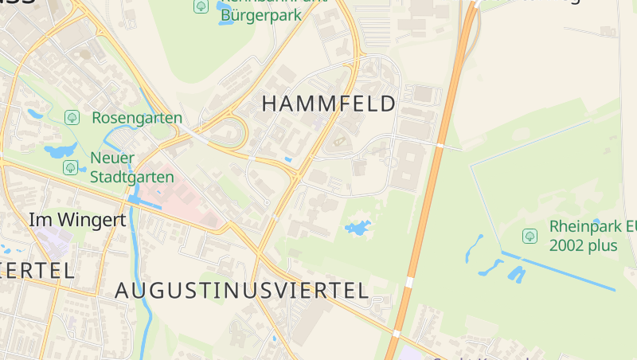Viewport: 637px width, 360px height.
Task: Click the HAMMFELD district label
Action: tap(328, 104)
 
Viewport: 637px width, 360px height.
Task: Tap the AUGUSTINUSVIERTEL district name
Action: tap(242, 291)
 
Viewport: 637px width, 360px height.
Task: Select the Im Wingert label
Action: tap(77, 220)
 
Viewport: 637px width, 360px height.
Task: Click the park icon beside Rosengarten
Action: tap(72, 118)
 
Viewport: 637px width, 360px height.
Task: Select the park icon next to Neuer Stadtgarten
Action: tap(71, 167)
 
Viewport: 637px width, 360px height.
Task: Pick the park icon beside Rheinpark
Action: tap(530, 236)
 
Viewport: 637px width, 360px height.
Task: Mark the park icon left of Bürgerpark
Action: tap(201, 6)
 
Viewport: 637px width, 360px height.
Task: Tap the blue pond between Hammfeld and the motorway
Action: tap(358, 229)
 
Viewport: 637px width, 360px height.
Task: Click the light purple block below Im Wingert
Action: tap(49, 238)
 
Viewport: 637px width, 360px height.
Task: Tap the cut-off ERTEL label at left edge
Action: tap(37, 269)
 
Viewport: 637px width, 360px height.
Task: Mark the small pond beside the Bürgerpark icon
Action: tap(224, 18)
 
